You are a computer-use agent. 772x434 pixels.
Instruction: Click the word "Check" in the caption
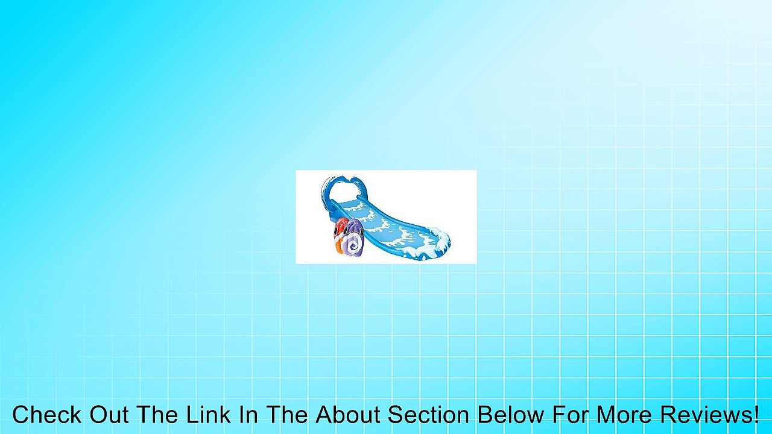pyautogui.click(x=47, y=414)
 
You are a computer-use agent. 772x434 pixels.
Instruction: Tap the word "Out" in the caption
pyautogui.click(x=109, y=414)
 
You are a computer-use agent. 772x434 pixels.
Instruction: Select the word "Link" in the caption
pyautogui.click(x=209, y=414)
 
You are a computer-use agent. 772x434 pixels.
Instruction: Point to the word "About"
pyautogui.click(x=347, y=414)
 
